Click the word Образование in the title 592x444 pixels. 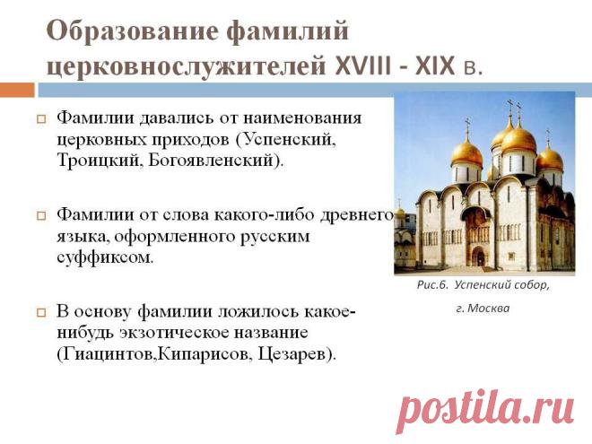(133, 31)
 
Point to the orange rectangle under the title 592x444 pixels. (17, 91)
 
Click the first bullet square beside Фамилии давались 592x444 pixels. (41, 119)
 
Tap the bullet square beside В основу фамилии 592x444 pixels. (41, 313)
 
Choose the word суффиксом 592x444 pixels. (105, 257)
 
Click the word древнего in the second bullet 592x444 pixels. (356, 215)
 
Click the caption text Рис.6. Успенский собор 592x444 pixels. (483, 285)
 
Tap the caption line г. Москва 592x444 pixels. (483, 309)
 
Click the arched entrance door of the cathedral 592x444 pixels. (479, 257)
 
